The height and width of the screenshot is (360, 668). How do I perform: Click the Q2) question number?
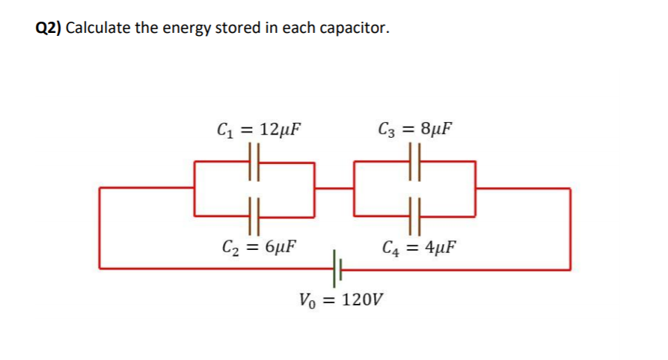(49, 28)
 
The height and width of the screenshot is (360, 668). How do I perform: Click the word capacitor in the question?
(355, 28)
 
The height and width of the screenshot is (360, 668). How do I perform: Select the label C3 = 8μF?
(416, 128)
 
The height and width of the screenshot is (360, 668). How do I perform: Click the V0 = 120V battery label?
(340, 302)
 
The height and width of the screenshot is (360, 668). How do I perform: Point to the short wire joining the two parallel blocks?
(334, 188)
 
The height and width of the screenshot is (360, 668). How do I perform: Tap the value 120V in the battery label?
(362, 302)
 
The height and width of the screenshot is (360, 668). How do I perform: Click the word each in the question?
(298, 28)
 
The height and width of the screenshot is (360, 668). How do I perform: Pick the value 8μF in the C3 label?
(435, 128)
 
